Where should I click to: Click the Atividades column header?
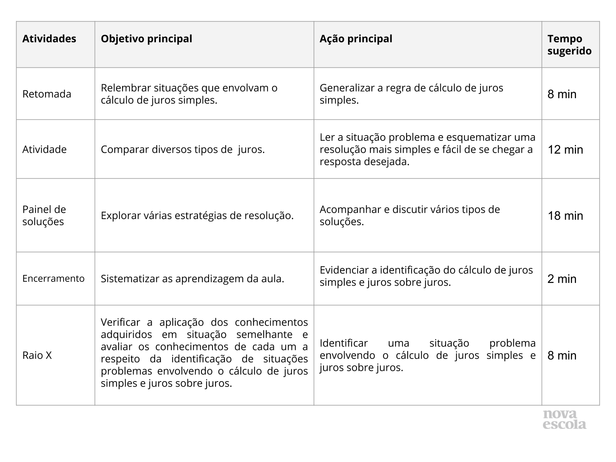[x=49, y=39]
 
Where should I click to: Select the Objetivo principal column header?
[x=146, y=39]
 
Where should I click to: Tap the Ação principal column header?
[x=356, y=39]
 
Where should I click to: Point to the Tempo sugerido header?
[x=569, y=45]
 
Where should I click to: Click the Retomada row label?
[x=47, y=94]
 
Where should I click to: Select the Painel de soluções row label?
[x=44, y=215]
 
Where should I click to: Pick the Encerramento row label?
[x=53, y=278]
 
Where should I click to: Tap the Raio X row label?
[x=37, y=355]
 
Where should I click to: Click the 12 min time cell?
[x=565, y=149]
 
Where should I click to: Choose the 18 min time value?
[x=565, y=216]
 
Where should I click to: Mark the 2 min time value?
[x=562, y=279]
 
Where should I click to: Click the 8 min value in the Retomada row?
[x=562, y=94]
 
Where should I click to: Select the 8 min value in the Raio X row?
[x=562, y=355]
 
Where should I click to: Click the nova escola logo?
[x=564, y=420]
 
